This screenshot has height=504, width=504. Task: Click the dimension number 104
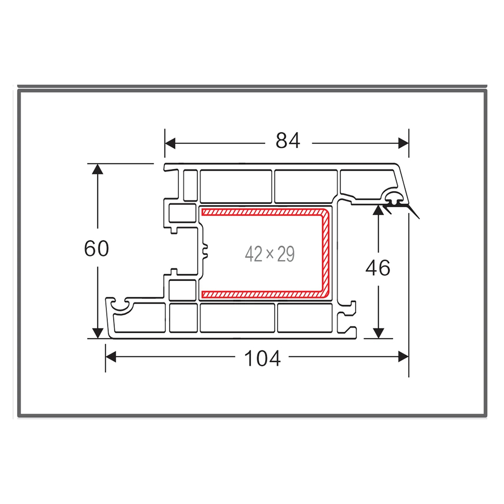coord(262,358)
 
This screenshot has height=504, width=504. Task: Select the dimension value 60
coord(96,248)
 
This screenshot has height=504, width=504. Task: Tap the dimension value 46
coord(377,268)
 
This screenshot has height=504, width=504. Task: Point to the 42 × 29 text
coord(270,254)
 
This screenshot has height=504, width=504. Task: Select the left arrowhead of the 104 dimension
coord(110,357)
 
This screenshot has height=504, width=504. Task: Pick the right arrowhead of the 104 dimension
coord(403,357)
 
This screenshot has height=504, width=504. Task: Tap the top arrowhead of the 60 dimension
coord(97,169)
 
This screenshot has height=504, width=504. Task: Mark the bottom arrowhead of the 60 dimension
coord(97,333)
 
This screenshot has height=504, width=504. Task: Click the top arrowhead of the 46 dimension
coord(379,210)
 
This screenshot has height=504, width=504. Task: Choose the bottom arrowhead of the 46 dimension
coord(379,333)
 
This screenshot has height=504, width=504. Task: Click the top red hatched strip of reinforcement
coord(262,212)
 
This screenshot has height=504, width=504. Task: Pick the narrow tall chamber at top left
coord(190,186)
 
